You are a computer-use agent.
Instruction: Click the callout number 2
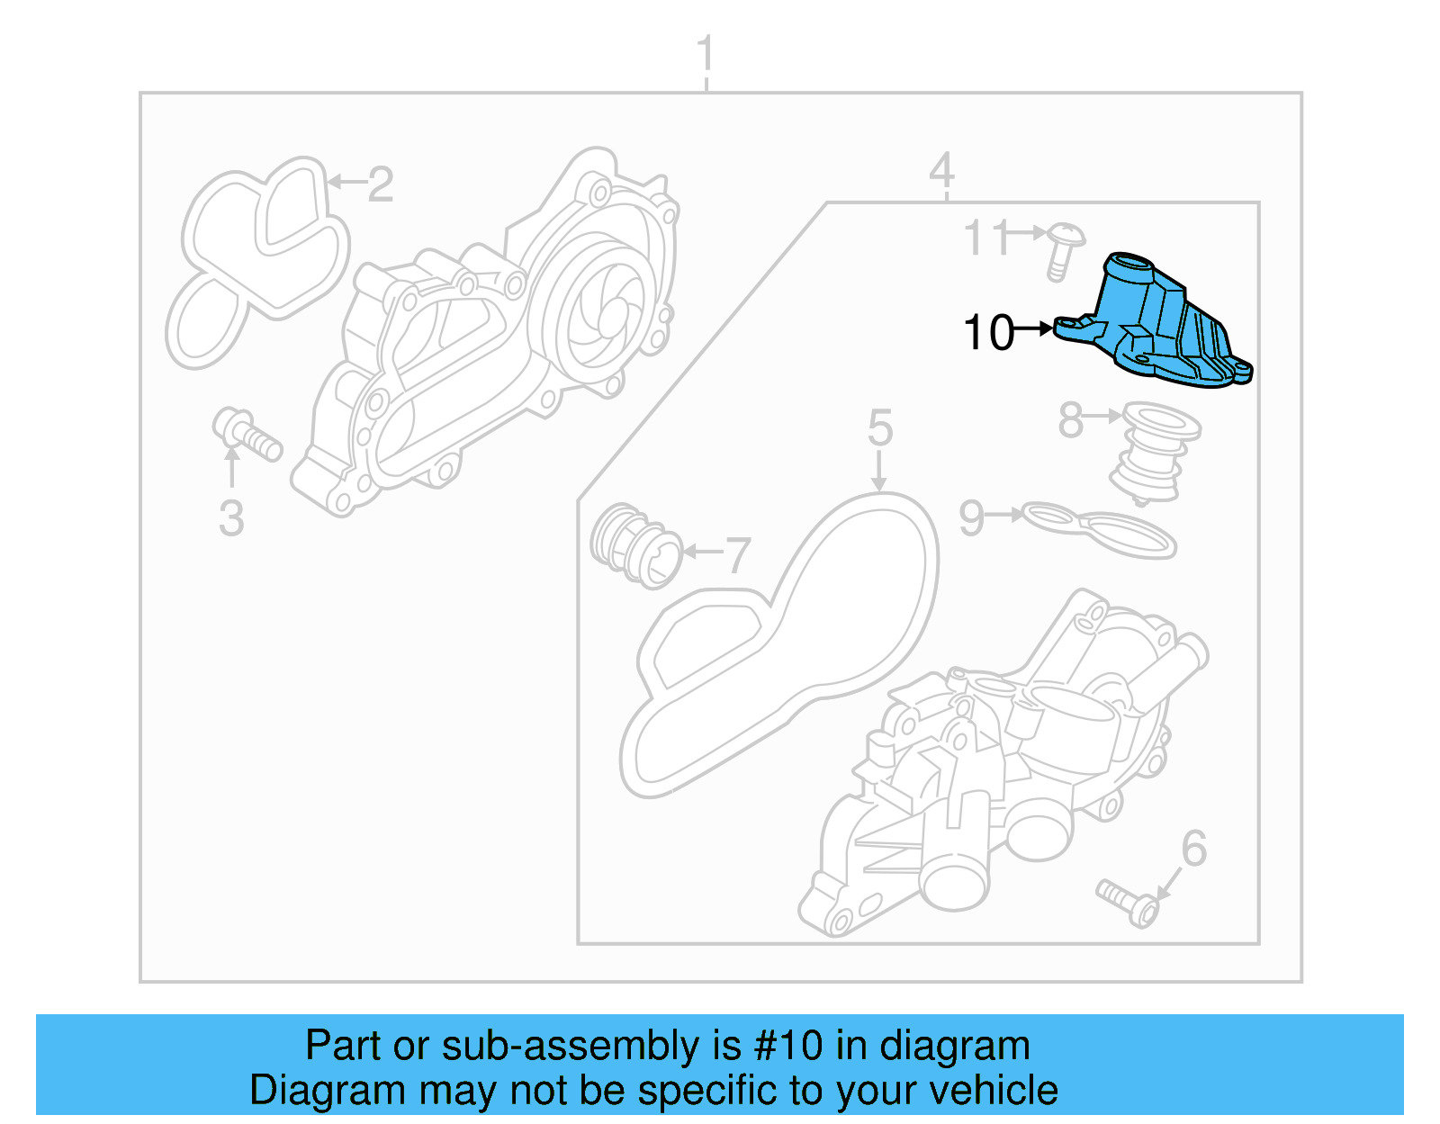click(x=380, y=184)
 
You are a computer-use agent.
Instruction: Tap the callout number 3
click(x=231, y=518)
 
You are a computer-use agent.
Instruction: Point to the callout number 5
click(x=879, y=428)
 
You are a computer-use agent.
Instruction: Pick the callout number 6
click(x=1193, y=849)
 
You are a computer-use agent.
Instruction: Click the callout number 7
click(x=737, y=555)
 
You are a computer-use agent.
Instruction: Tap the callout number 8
click(x=1070, y=420)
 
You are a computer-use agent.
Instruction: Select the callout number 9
click(x=972, y=518)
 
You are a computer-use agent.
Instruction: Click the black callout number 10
click(x=988, y=333)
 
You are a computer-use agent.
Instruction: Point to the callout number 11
click(x=988, y=238)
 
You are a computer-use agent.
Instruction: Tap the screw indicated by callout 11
click(x=1065, y=248)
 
